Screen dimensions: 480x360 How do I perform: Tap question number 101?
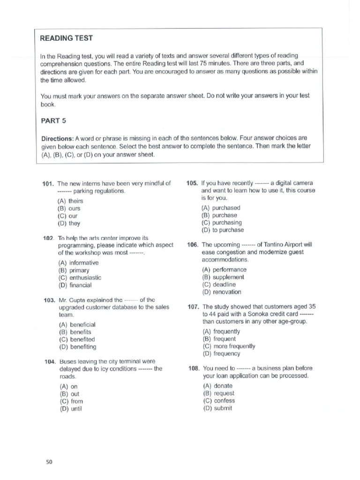point(49,183)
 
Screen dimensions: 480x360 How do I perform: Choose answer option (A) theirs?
point(70,201)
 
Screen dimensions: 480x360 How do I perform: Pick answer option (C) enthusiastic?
point(79,277)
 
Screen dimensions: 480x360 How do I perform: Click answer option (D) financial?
point(75,285)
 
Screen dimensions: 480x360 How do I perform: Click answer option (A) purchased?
point(220,208)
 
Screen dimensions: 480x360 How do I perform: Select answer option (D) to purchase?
point(222,230)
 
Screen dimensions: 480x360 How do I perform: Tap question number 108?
point(194,368)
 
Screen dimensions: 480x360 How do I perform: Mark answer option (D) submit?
point(218,408)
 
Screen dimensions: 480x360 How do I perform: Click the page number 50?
point(49,462)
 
